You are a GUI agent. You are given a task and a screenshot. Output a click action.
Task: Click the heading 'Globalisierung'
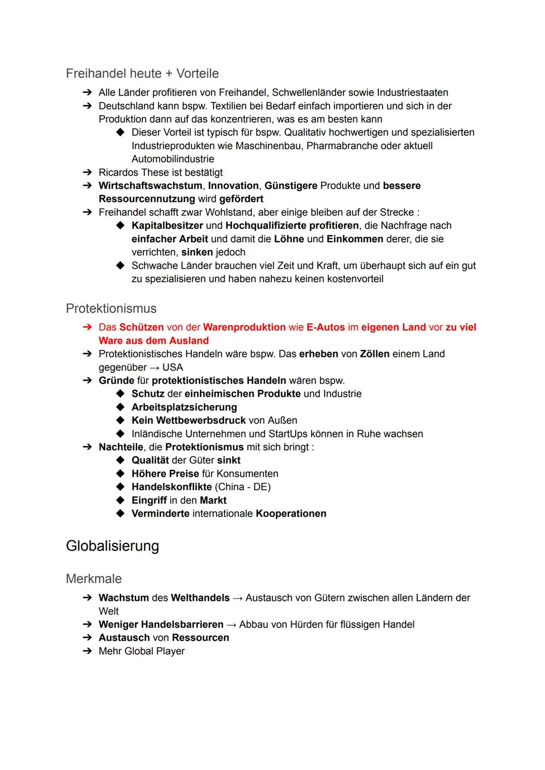112,546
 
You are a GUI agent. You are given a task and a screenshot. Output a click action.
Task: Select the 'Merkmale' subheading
94,579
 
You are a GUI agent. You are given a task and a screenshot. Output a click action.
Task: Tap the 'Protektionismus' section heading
111,309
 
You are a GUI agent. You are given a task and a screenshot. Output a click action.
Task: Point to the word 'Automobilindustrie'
173,159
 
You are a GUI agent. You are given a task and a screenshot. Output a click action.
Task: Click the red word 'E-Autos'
325,327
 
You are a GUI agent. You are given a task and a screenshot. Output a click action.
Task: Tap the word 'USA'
173,368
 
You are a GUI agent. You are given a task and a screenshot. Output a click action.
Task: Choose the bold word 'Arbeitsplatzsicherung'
184,407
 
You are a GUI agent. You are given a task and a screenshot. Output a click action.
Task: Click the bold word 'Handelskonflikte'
172,487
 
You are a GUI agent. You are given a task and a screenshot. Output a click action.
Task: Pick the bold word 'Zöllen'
374,354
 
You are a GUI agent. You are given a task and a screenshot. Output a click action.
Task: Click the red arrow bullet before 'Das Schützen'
87,327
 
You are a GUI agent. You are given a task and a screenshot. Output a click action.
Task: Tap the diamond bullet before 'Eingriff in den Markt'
120,500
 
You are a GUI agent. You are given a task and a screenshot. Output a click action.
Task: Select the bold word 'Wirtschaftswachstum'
150,186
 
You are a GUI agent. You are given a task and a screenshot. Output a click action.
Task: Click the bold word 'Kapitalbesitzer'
167,226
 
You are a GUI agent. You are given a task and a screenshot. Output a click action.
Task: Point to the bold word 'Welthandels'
200,598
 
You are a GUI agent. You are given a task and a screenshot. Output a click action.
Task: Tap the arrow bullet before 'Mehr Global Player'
87,651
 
